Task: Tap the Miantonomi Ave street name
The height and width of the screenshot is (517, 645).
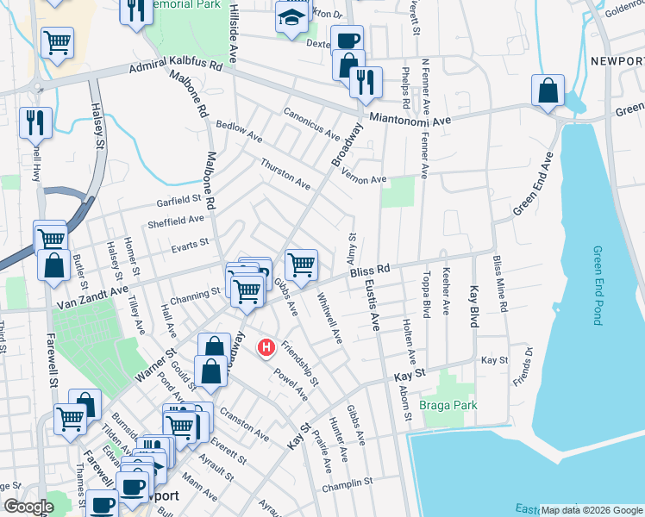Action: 410,120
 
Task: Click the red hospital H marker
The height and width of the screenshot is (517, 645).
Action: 267,347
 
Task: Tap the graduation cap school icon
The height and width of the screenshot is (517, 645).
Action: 291,17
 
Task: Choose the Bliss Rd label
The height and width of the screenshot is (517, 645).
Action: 371,271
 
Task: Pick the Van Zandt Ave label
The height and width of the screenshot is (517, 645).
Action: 92,297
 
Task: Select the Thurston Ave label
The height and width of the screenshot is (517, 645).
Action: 285,173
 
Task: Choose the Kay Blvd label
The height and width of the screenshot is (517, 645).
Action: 473,305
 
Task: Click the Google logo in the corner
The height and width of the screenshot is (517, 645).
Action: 28,507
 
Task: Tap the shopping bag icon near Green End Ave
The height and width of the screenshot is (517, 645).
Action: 548,91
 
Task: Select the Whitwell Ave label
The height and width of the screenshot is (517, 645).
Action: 329,318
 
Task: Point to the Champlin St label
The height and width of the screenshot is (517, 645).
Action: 347,485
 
